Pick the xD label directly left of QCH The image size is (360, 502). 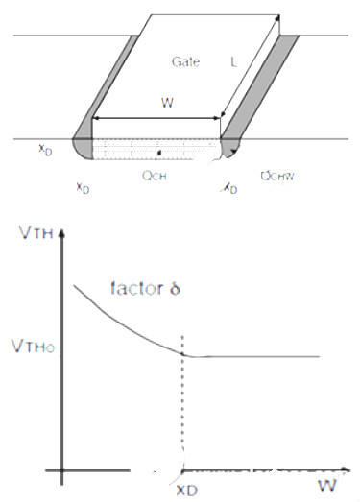(x=84, y=186)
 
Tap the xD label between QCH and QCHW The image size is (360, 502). (x=230, y=189)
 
